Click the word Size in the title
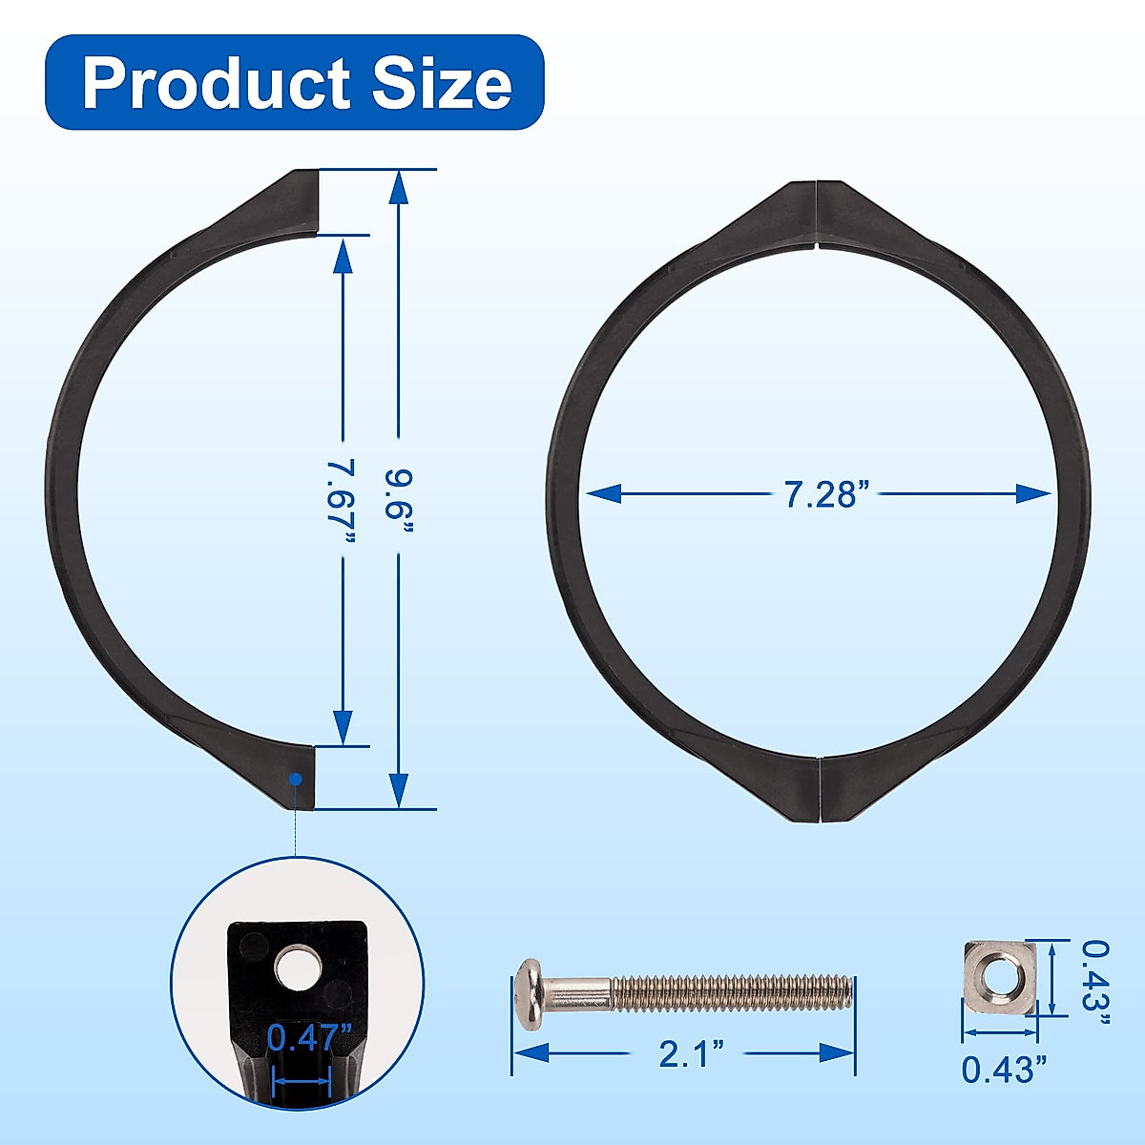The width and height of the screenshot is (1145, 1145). (x=442, y=83)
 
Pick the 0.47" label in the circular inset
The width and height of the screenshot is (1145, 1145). (x=302, y=1037)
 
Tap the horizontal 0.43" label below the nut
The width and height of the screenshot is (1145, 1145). (x=998, y=1070)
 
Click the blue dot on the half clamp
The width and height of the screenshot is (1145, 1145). (x=296, y=779)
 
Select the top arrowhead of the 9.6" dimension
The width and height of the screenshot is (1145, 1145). (x=399, y=187)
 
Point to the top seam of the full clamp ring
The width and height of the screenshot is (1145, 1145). (x=818, y=215)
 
